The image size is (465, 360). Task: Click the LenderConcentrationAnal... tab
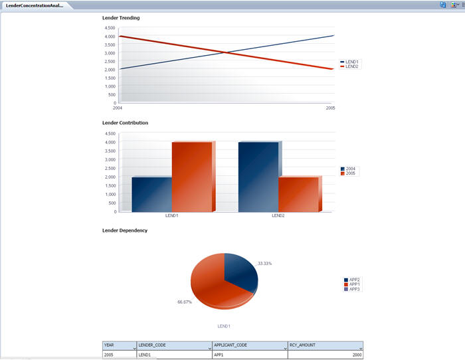coord(34,5)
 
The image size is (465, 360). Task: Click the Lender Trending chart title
coord(121,17)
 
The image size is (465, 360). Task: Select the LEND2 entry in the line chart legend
coord(352,66)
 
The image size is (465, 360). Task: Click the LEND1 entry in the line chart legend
coord(352,62)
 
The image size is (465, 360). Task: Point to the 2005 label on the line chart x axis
coord(330,108)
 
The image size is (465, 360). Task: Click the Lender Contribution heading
coord(125,123)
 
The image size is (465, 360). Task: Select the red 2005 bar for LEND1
coord(191,177)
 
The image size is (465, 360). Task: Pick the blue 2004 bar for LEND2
coord(258,177)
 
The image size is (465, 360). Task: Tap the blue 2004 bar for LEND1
coord(151,194)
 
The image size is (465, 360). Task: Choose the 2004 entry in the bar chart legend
coord(350,169)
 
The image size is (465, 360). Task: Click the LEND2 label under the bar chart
coord(278,216)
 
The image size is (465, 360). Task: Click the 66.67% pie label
coord(185,302)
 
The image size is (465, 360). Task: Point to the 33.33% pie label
coord(264,264)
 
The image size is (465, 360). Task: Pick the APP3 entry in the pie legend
coord(354,289)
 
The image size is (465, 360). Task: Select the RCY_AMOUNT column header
coord(325,345)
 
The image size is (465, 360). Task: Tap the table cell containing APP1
coord(249,355)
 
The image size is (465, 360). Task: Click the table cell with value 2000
coord(325,355)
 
